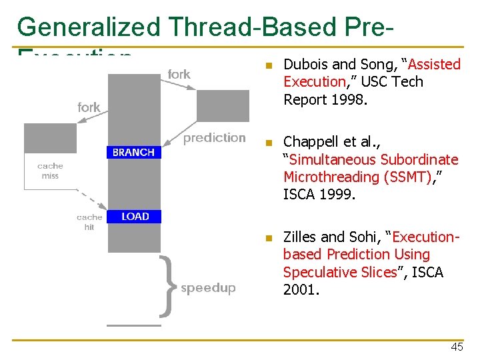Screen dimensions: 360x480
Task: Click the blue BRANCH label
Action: click(x=133, y=153)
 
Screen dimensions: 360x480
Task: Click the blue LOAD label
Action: click(x=135, y=216)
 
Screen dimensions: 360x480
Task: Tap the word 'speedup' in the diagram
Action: click(x=208, y=288)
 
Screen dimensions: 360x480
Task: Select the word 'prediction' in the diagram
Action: click(x=215, y=138)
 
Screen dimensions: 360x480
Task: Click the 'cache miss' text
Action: click(x=50, y=171)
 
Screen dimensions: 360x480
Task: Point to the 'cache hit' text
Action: click(x=89, y=222)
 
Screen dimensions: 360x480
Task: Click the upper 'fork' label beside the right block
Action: click(x=179, y=75)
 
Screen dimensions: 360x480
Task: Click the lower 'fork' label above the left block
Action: click(x=89, y=107)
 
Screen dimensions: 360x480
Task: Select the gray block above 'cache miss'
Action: click(x=51, y=138)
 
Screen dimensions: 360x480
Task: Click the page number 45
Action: click(x=457, y=347)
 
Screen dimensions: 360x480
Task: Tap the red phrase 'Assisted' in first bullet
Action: click(x=434, y=65)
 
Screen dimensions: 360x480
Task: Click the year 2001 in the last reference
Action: click(x=301, y=290)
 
